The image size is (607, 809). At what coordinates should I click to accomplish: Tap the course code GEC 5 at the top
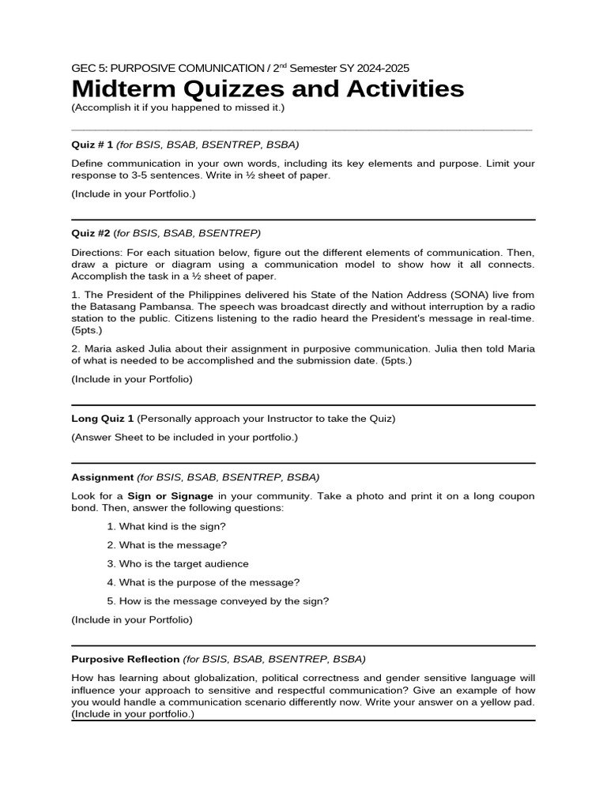coord(89,69)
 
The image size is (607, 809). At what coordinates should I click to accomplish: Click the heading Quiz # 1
coord(92,145)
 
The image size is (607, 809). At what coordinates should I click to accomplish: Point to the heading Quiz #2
coord(90,233)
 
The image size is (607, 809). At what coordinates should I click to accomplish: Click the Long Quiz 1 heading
coord(103,418)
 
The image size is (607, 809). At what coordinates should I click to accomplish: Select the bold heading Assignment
coord(102,477)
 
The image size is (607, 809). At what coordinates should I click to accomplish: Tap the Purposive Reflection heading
coord(125,659)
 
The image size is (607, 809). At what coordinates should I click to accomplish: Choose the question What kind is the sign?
coord(172,526)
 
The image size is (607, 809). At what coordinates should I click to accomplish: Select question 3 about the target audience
coord(183,564)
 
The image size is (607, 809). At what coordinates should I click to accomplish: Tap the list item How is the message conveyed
coord(224,601)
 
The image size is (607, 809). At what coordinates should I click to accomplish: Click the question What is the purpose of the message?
coord(209,583)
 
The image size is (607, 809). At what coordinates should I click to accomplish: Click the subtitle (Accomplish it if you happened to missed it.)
coord(178,107)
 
